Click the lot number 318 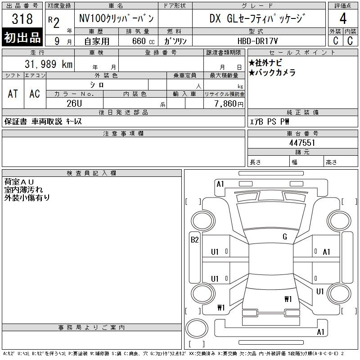pos(22,18)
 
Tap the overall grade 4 pos(343,18)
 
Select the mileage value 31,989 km pos(49,64)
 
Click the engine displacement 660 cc pos(143,41)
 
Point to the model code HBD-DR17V pos(257,41)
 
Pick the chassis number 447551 pos(302,143)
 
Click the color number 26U pos(74,103)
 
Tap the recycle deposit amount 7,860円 pos(229,104)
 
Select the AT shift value pos(13,94)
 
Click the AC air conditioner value pos(35,94)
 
